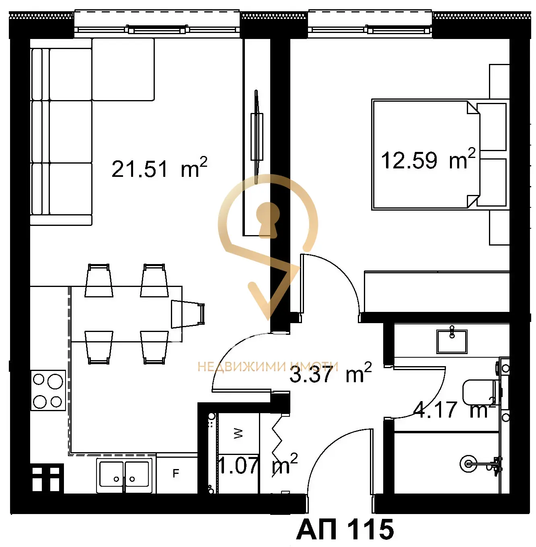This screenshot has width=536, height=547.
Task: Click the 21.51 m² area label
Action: point(159,168)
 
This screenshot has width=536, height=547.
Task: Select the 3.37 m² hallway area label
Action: point(331,373)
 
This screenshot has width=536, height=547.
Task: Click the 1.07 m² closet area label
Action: point(258,464)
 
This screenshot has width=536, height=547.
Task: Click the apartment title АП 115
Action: point(345,530)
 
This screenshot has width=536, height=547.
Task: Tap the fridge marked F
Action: point(177,473)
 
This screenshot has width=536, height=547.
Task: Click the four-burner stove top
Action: point(48,390)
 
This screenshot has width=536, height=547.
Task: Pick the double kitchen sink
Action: point(124,475)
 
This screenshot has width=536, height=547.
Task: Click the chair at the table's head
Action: point(187,314)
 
